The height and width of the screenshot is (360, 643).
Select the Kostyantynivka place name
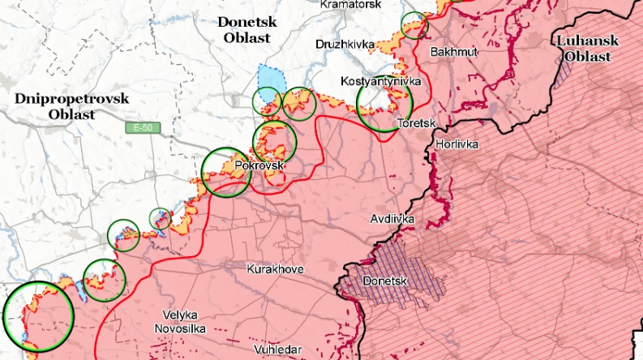pos(379,82)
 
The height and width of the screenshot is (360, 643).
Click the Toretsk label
pos(417,124)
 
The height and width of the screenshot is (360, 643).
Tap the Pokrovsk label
pos(259,165)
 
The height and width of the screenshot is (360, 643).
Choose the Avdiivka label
pos(392,219)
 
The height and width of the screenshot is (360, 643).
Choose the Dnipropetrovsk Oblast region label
pos(61,106)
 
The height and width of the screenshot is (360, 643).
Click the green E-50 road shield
pos(139,128)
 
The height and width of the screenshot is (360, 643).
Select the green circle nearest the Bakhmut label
pos(414,25)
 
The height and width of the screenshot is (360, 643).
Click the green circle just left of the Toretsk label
pos(385,103)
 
